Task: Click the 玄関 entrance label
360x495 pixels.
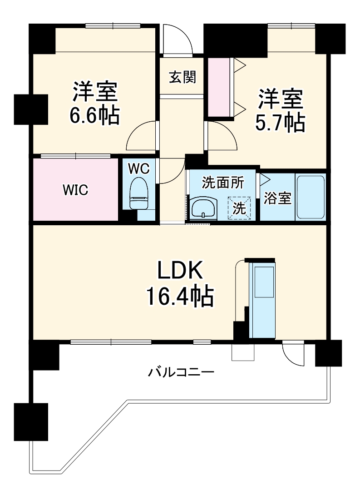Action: click(x=182, y=77)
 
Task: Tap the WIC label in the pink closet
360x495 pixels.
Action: click(x=75, y=190)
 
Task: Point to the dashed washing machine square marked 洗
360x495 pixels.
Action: click(x=239, y=207)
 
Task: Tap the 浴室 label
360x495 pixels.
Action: click(x=277, y=198)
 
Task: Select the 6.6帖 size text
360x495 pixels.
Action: click(x=94, y=117)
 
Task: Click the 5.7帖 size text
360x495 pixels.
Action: click(x=280, y=123)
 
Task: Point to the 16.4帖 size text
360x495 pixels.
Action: click(x=179, y=297)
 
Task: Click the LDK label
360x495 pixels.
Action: click(x=179, y=272)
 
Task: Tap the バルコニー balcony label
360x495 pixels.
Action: click(x=181, y=373)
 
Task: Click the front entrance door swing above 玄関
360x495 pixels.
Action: click(x=178, y=39)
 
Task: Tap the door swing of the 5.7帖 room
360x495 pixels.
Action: click(x=222, y=136)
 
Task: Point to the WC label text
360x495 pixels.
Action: click(x=138, y=168)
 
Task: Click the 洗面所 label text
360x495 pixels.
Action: click(x=222, y=183)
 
